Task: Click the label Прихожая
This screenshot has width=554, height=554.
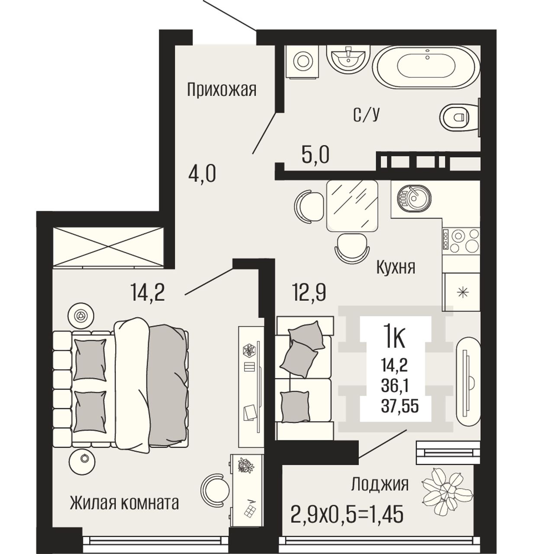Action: coord(221,90)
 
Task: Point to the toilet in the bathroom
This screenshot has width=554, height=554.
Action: coord(461,117)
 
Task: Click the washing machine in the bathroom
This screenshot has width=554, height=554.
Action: coord(303,61)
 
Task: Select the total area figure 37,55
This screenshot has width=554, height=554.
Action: coord(400,406)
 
